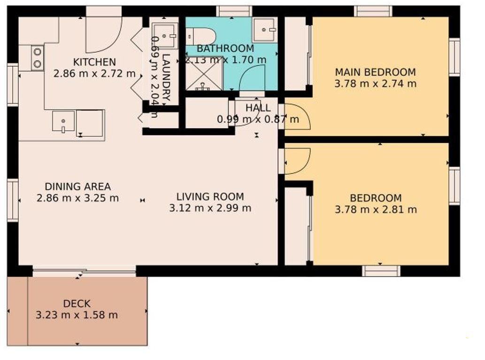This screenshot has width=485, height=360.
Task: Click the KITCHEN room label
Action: [94, 62]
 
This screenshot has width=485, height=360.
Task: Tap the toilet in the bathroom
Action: [200, 36]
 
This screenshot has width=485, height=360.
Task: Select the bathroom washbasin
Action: [264, 30]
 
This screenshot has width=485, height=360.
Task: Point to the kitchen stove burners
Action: [38, 58]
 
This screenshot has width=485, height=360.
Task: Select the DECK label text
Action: [77, 304]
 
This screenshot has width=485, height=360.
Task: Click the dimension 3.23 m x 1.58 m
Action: [77, 315]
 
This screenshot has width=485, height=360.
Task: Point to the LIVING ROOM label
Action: [210, 196]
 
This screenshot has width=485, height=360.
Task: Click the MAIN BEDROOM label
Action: [376, 72]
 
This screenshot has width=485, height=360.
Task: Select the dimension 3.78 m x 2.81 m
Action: [376, 210]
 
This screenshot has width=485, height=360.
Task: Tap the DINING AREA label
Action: [77, 187]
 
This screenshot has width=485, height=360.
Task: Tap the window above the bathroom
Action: [234, 11]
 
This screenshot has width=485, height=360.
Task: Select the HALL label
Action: [258, 108]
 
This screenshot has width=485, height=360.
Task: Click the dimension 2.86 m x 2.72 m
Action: [94, 74]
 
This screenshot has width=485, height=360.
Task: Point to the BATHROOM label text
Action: [225, 48]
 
